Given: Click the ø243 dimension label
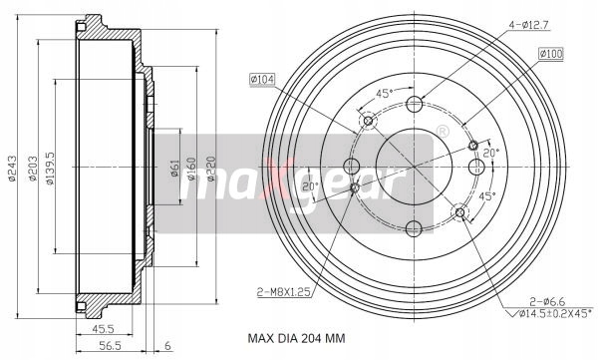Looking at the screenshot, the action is click(x=12, y=168).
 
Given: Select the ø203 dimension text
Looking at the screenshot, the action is click(x=34, y=169).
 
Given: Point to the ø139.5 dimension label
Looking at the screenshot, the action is click(x=50, y=169).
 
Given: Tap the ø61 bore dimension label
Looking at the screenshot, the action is click(x=174, y=168).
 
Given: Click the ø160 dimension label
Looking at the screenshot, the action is click(x=191, y=169).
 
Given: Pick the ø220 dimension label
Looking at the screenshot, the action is click(x=211, y=169).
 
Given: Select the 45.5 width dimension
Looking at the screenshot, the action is click(x=103, y=329).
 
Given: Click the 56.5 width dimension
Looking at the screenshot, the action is click(x=110, y=346).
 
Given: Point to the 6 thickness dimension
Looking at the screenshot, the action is click(x=167, y=346).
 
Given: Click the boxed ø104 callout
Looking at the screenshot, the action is click(x=262, y=80).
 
